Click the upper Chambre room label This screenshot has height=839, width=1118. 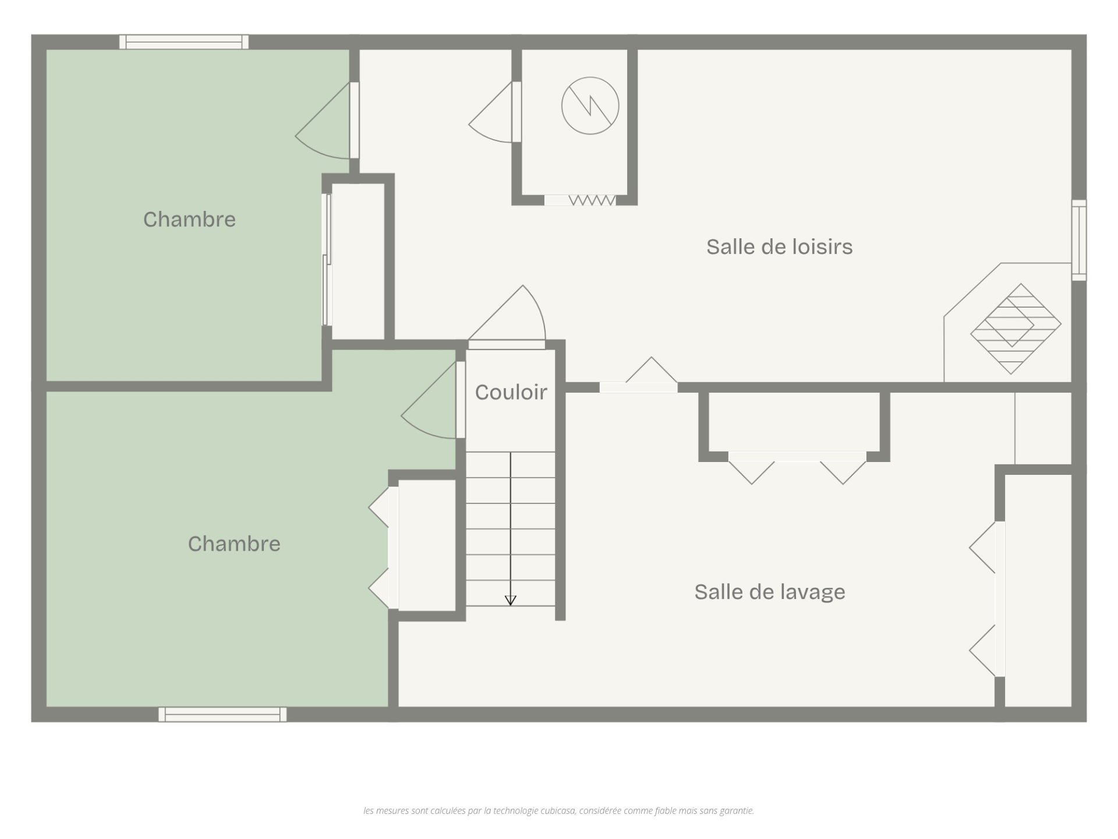(x=189, y=220)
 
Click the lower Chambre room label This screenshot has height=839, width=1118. (x=234, y=544)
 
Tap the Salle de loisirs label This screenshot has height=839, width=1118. (x=779, y=247)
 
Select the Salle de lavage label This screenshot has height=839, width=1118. (x=769, y=593)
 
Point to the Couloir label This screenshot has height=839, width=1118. (x=511, y=393)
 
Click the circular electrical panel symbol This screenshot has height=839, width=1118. (x=590, y=105)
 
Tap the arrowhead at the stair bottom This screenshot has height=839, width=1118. (x=511, y=601)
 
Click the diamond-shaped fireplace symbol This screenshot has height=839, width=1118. (x=1016, y=329)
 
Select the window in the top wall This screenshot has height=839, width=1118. (x=184, y=42)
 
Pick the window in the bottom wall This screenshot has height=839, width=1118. (x=222, y=714)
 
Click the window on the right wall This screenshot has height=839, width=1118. (x=1079, y=240)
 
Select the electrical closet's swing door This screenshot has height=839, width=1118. (x=495, y=112)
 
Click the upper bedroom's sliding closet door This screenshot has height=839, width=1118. (x=327, y=259)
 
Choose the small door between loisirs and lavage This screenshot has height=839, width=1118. (x=639, y=375)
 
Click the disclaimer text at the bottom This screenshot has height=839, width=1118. (x=558, y=810)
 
